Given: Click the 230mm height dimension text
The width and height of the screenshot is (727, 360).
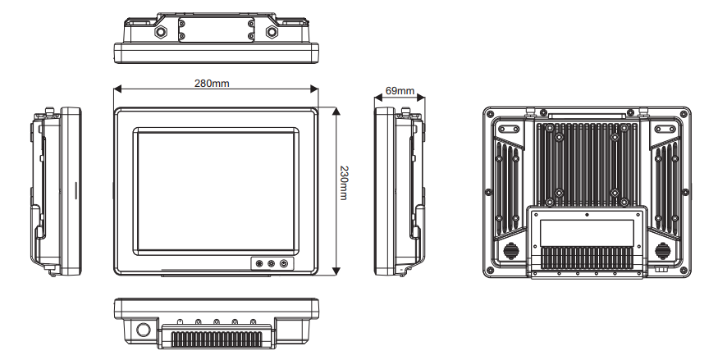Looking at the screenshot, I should [345, 190].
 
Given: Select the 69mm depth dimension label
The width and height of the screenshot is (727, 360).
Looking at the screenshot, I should [400, 89].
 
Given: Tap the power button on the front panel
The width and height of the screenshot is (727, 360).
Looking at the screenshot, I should [285, 264].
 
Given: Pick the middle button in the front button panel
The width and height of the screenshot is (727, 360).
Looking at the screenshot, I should [272, 264].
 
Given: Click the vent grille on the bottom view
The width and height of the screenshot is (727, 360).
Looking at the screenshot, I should [217, 337].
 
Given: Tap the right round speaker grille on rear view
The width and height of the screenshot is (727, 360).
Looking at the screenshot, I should [663, 250].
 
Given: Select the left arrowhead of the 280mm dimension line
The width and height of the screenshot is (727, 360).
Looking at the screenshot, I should [117, 89].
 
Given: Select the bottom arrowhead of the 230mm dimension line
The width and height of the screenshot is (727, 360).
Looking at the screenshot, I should [336, 274].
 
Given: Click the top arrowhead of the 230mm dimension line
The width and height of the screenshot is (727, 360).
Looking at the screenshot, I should [336, 109].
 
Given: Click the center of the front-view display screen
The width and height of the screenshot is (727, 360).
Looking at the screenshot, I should [217, 190].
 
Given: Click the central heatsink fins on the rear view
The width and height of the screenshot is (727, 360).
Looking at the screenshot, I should [587, 164].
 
